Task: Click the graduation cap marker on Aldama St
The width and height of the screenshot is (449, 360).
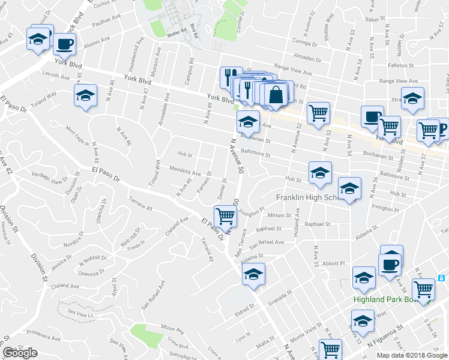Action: pos(253,275)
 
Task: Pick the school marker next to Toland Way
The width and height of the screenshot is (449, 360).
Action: pos(85,95)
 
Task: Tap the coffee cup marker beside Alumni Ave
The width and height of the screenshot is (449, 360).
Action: pos(64,44)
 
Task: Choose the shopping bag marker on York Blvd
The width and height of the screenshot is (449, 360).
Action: pos(276,94)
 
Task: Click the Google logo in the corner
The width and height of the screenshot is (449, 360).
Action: pos(20,353)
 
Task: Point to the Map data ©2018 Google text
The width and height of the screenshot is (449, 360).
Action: pos(412,355)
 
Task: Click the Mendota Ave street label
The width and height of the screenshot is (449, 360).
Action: pos(184,171)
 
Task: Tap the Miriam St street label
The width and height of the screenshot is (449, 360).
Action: pos(279,215)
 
